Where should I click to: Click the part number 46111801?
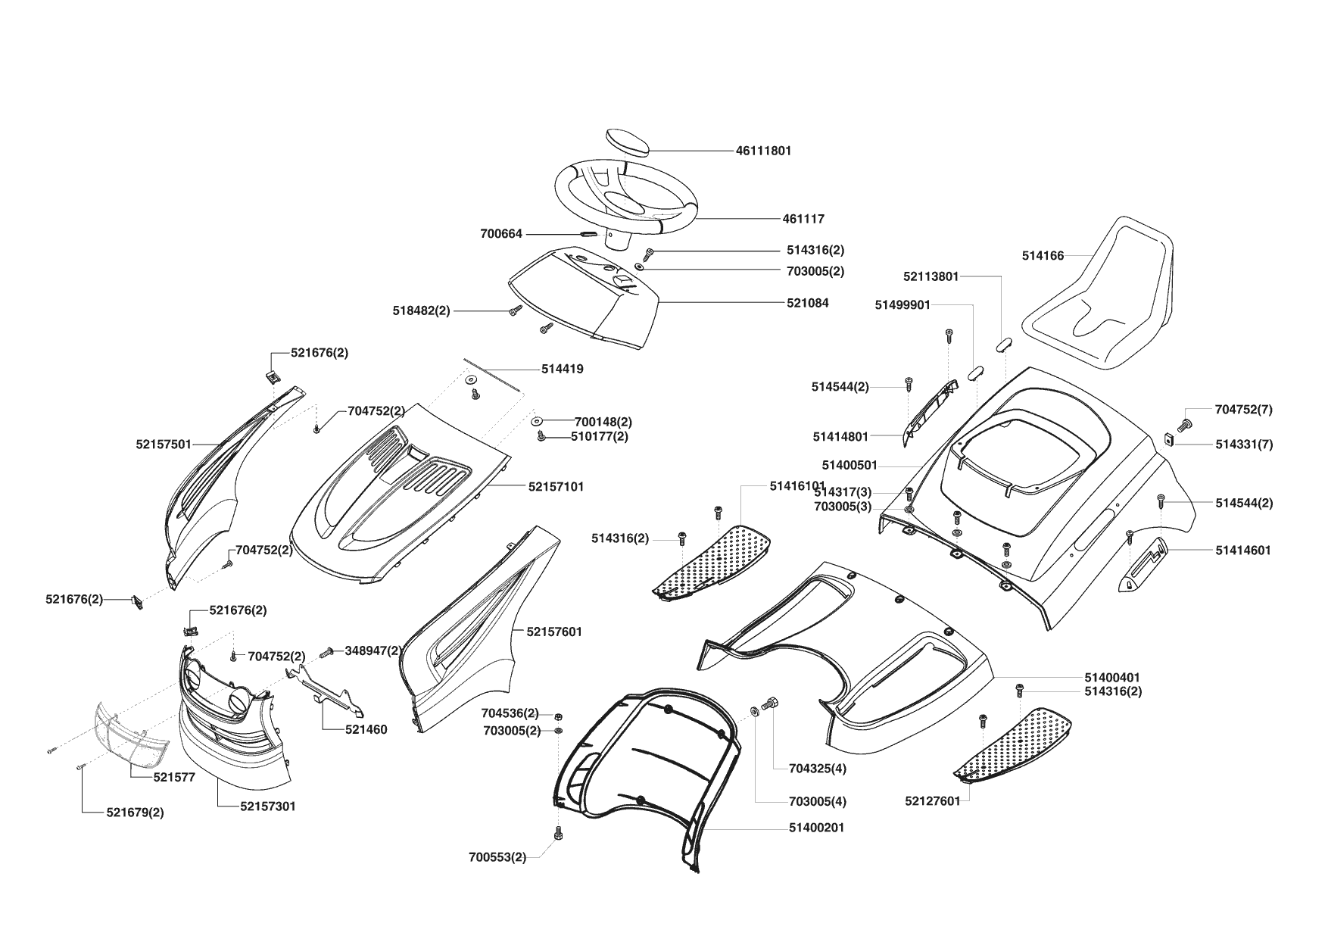tap(763, 151)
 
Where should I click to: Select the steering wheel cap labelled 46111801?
tap(628, 142)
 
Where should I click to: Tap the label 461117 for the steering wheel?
tap(803, 219)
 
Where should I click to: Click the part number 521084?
tap(807, 303)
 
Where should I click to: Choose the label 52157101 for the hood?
tap(556, 487)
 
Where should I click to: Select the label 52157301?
tap(268, 806)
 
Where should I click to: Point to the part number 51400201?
tap(817, 828)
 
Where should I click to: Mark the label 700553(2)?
tap(497, 857)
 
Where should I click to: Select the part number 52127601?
tap(933, 801)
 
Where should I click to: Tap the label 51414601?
tap(1243, 551)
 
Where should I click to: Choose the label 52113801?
tap(931, 276)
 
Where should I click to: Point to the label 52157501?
tap(164, 445)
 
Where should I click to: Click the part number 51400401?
tap(1112, 677)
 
